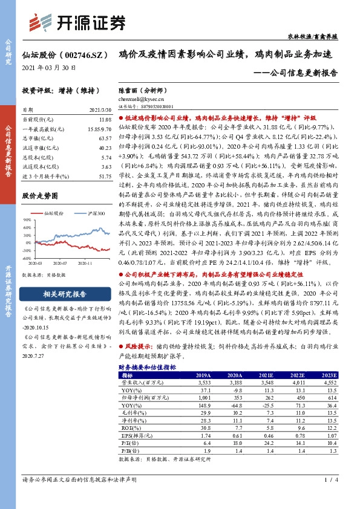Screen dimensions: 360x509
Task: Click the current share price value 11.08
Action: pos(104,121)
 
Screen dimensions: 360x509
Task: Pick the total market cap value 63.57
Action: pos(104,138)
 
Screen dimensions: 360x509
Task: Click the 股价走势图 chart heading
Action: pos(40,196)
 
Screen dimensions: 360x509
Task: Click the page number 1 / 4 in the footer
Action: pos(332,496)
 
